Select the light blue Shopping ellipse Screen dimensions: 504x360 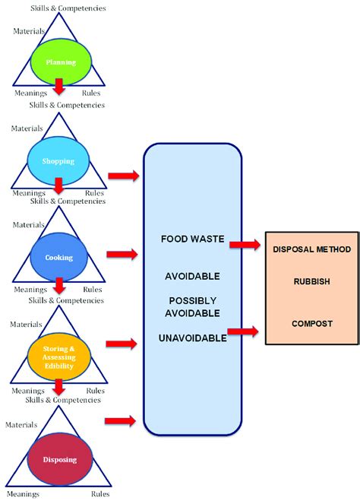pyautogui.click(x=58, y=160)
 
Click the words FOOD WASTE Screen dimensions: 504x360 pyautogui.click(x=192, y=239)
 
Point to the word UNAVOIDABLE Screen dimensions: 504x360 pyautogui.click(x=192, y=338)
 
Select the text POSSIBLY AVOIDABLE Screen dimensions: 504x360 pyautogui.click(x=192, y=306)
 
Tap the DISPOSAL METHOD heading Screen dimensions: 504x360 pyautogui.click(x=312, y=248)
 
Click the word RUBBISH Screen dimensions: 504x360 pyautogui.click(x=312, y=281)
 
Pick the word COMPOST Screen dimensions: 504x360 pyautogui.click(x=312, y=324)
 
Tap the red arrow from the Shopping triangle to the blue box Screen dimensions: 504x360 pyautogui.click(x=123, y=176)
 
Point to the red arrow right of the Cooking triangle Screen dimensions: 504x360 pyautogui.click(x=123, y=253)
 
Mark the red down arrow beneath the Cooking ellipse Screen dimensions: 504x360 pyautogui.click(x=58, y=285)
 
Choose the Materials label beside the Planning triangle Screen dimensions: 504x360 pyautogui.click(x=29, y=31)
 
